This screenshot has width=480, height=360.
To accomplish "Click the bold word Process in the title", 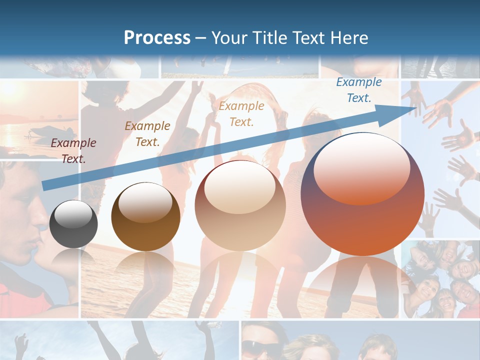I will click(x=157, y=37).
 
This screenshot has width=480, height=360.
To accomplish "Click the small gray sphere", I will click(x=73, y=224).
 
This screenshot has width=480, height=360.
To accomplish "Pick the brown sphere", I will click(x=145, y=217).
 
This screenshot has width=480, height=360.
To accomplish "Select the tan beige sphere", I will click(x=240, y=205).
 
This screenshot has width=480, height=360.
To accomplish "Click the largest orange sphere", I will click(x=362, y=194).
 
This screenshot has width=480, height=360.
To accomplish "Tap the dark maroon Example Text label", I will click(x=73, y=151).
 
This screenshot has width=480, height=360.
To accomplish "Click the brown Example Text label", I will click(x=147, y=134).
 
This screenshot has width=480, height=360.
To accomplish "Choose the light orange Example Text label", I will click(x=241, y=113).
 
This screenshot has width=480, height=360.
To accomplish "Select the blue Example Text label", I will click(x=359, y=90).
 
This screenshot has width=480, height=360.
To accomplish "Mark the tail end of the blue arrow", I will click(x=44, y=185).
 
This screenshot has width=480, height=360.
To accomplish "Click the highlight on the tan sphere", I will click(x=240, y=186).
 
